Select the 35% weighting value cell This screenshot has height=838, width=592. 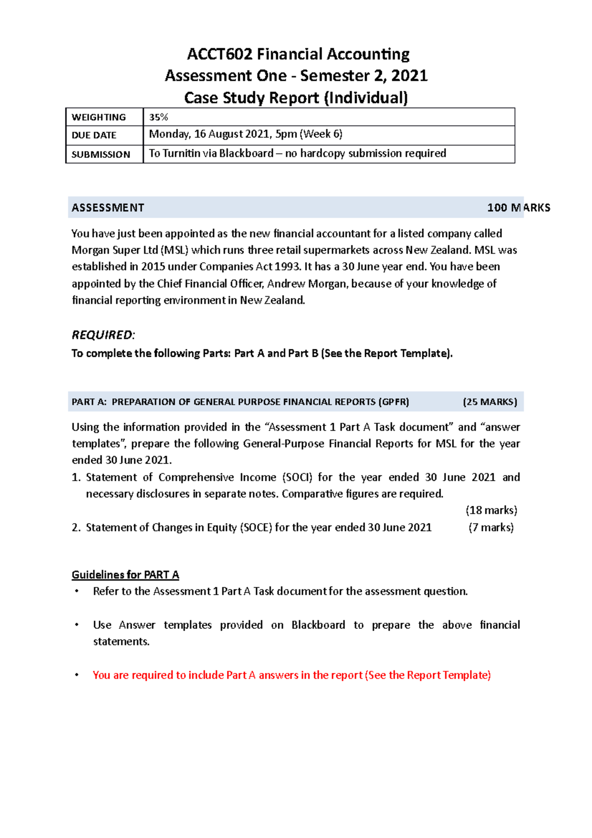[159, 117]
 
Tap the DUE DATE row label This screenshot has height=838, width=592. [94, 135]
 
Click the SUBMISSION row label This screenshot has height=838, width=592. [101, 154]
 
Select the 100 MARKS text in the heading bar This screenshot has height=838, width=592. [518, 208]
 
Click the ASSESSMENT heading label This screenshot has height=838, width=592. [108, 208]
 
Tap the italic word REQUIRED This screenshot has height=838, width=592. [103, 335]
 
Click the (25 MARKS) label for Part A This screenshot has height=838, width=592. [489, 402]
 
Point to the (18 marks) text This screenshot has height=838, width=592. [491, 510]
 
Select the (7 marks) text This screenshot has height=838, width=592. [491, 528]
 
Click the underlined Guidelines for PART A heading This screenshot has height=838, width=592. [125, 574]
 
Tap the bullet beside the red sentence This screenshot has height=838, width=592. [76, 675]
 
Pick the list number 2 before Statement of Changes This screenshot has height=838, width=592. [75, 528]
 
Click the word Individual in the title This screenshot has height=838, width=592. [366, 98]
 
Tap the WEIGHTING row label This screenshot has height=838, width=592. [99, 117]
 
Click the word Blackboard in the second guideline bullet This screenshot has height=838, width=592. [318, 625]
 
